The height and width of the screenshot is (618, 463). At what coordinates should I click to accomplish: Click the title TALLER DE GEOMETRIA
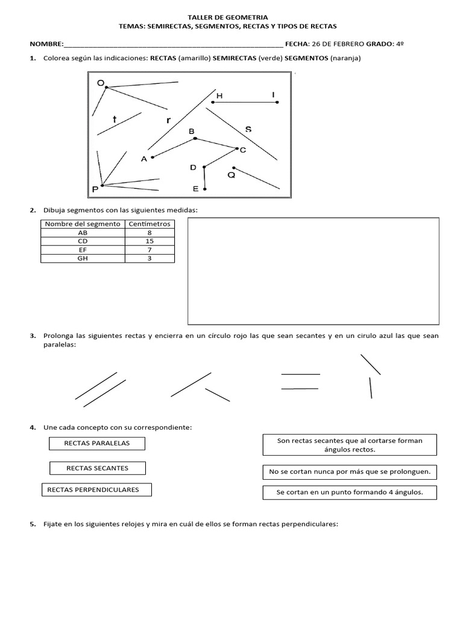[231, 18]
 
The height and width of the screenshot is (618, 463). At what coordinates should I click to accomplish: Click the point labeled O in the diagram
[107, 88]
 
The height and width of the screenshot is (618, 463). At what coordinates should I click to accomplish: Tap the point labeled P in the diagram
[102, 185]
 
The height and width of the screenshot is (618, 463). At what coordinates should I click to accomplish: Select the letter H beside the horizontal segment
[219, 96]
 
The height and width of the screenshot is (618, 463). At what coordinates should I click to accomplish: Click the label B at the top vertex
[192, 131]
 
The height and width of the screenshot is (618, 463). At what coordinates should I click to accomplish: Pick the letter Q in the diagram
[231, 175]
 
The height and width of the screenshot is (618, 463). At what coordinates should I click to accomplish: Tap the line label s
[248, 129]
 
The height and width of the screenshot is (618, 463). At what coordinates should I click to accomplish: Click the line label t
[115, 119]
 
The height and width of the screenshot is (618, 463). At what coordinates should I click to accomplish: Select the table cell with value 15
[150, 241]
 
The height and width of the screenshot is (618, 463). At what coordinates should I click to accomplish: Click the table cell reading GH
[83, 258]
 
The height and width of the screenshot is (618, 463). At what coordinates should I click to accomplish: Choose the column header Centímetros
[150, 224]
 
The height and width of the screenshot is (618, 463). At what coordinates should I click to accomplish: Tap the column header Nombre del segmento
[83, 224]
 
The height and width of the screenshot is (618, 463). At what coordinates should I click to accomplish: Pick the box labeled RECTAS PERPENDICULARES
[96, 489]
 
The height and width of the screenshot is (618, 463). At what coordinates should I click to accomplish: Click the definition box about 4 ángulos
[350, 492]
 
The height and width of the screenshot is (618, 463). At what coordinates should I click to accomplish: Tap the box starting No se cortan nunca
[350, 471]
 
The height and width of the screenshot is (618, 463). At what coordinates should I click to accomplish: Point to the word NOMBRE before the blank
[46, 44]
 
